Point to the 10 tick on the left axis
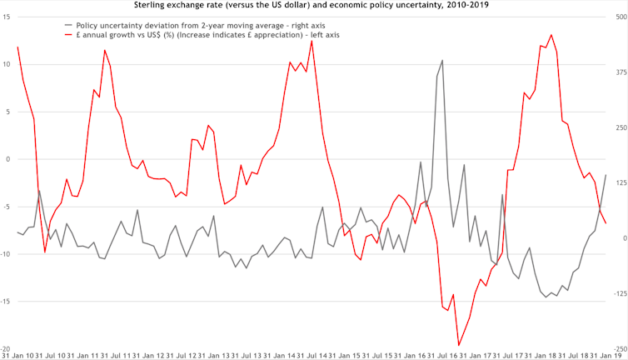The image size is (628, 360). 6,64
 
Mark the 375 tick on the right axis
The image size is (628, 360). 617,73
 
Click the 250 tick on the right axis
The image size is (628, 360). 617,128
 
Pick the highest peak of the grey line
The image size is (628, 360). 442,60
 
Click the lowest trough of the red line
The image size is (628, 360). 458,345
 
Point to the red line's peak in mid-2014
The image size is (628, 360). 312,40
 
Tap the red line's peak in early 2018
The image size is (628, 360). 551,35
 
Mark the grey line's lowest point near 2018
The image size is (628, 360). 546,297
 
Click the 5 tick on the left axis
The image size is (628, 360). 7,112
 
